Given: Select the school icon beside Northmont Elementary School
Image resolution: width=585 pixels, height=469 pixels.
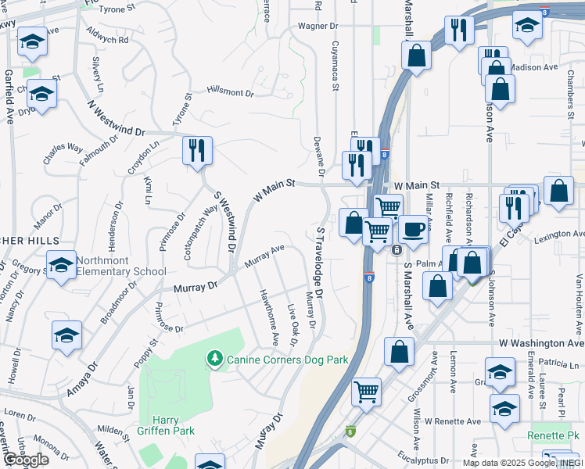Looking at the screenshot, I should pyautogui.click(x=61, y=266).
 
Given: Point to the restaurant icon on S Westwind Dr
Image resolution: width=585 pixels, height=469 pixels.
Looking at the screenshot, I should pyautogui.click(x=197, y=150).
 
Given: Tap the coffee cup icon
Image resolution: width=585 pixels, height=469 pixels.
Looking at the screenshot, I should pyautogui.click(x=414, y=230).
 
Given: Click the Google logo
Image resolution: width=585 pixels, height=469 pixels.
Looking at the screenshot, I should pyautogui.click(x=25, y=460).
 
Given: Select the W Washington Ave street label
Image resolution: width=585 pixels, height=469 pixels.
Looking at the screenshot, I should pyautogui.click(x=541, y=343).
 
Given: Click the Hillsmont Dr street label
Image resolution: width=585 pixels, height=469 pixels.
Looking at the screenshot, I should pyautogui.click(x=231, y=91).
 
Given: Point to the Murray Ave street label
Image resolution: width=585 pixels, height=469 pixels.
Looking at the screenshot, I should pyautogui.click(x=264, y=257).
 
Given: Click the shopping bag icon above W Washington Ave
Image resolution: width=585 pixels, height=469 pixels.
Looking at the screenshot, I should pyautogui.click(x=399, y=352).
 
